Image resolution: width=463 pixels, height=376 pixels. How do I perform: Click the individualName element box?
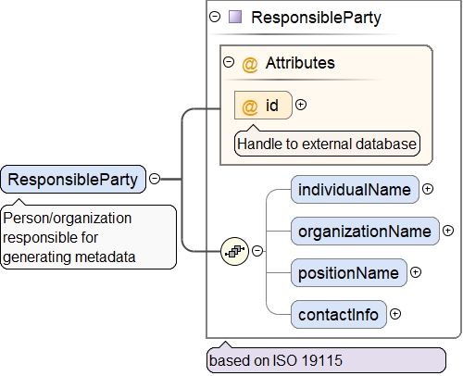[355, 190]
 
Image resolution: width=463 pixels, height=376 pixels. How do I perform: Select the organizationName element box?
[365, 232]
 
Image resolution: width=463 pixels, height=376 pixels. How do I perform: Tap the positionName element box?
[349, 273]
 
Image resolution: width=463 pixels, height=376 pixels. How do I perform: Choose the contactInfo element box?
[339, 315]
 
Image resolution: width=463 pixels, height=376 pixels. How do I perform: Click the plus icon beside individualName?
[428, 189]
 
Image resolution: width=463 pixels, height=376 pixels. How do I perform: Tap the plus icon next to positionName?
[416, 272]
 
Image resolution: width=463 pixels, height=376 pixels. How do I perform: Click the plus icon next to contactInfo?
[395, 314]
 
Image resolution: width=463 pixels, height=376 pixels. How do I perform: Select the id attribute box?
[263, 105]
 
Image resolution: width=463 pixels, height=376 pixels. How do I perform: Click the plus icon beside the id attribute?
[301, 105]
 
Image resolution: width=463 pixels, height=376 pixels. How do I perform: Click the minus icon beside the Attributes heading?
[229, 62]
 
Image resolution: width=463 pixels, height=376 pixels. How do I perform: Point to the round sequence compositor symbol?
[234, 251]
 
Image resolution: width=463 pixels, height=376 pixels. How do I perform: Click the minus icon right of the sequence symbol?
[257, 251]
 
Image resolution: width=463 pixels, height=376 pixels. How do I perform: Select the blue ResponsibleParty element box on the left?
[73, 180]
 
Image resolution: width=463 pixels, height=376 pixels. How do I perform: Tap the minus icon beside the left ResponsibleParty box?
[155, 179]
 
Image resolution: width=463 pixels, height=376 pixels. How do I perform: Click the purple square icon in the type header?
[235, 17]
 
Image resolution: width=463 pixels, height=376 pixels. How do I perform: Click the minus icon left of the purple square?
[215, 17]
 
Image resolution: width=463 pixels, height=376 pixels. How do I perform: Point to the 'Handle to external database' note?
[327, 144]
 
